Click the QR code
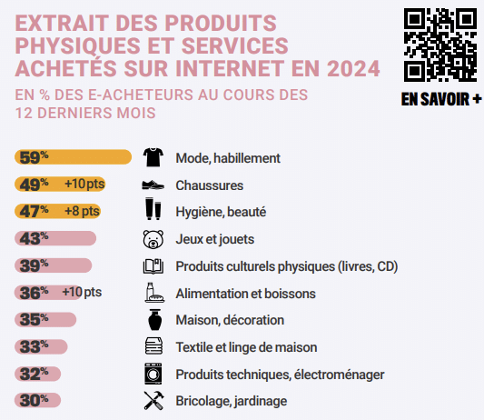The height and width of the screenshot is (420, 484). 440,45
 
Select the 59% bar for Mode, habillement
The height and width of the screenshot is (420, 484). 74,157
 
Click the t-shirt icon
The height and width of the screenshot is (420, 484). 153,157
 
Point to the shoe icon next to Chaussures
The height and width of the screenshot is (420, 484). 153,185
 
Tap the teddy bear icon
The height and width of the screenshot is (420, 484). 153,239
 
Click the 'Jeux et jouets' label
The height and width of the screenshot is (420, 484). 214,239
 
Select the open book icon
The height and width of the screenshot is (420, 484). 153,266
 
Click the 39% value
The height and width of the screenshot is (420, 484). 34,265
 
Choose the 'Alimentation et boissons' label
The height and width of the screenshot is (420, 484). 245,294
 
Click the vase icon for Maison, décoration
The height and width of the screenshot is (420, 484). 153,320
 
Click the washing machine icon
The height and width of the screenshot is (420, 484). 153,374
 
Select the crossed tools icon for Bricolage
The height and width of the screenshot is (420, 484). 153,400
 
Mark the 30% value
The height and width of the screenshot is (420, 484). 34,400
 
